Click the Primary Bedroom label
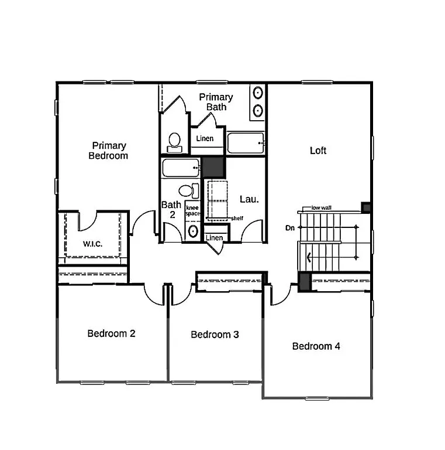[108, 151]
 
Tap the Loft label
[318, 151]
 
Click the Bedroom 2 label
[112, 334]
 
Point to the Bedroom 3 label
[215, 335]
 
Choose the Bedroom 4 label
[316, 346]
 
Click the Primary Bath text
[216, 102]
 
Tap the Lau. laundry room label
[249, 200]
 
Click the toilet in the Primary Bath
[174, 141]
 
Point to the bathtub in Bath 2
[180, 168]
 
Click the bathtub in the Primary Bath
[245, 142]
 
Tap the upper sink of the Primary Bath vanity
[257, 93]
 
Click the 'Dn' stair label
[289, 228]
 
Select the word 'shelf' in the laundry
[237, 218]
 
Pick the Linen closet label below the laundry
[215, 238]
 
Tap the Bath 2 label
[171, 210]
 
